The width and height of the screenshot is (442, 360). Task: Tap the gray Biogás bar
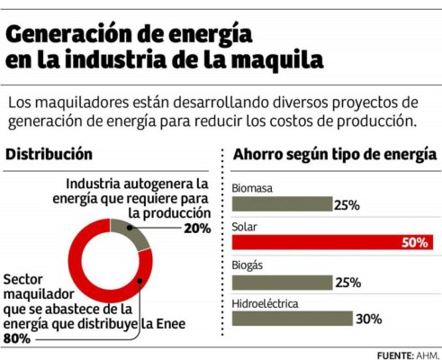[x=282, y=282]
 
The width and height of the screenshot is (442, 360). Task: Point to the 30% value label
[x=368, y=319]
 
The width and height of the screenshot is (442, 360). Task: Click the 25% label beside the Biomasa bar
[x=347, y=205]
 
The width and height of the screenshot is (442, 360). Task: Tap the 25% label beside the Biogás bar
[x=347, y=282]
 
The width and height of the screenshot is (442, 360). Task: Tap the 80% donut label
[x=18, y=339]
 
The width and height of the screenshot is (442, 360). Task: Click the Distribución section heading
[x=49, y=154]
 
